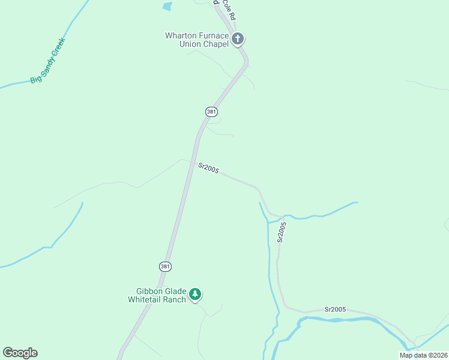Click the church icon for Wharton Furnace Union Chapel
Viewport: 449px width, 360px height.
(238, 40)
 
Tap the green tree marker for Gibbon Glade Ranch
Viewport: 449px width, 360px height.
(195, 295)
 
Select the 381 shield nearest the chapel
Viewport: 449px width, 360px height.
(211, 112)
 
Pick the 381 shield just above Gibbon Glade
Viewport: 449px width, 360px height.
(164, 266)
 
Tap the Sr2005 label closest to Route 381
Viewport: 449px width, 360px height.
(208, 169)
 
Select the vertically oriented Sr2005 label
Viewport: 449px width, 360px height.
(282, 232)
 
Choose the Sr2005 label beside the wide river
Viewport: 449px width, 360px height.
(335, 309)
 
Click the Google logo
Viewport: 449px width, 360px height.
(20, 353)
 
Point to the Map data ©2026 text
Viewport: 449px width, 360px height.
(423, 355)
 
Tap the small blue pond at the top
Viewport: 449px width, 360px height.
(167, 7)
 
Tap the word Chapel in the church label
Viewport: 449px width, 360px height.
(215, 44)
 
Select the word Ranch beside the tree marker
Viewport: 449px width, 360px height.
(175, 299)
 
